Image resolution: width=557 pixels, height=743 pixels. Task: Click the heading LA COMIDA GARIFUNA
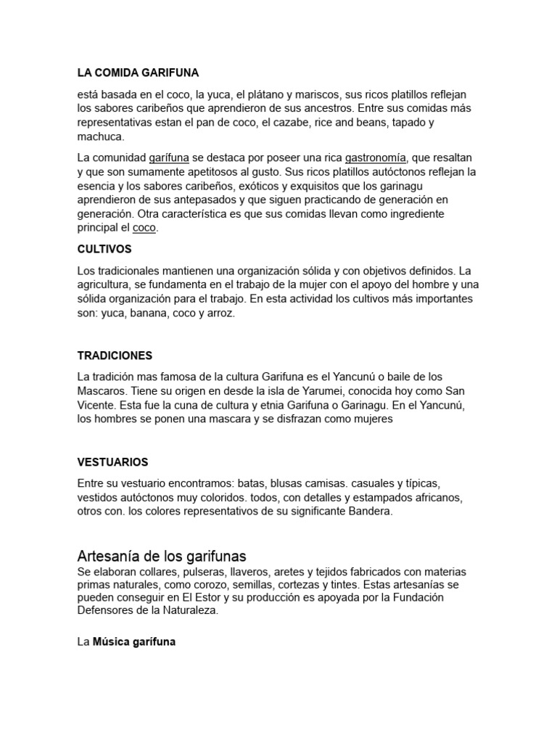point(138,73)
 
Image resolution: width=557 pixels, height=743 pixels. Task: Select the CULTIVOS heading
point(104,249)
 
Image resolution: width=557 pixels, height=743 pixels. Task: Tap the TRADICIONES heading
point(115,356)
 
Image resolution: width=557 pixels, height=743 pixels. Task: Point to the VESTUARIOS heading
point(112,462)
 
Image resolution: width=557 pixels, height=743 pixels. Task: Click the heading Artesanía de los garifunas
point(162,557)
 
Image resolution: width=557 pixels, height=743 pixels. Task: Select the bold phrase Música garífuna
point(134,642)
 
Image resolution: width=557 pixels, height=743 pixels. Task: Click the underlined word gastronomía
point(376,157)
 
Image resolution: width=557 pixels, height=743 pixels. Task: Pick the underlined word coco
point(144,228)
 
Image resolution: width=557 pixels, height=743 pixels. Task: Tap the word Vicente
point(95,405)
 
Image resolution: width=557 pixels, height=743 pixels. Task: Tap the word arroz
point(220,313)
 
